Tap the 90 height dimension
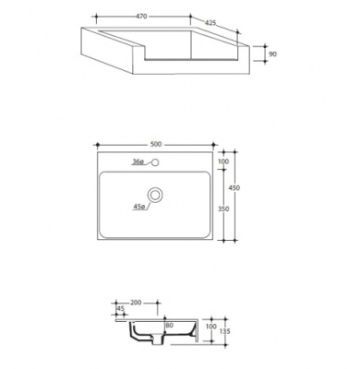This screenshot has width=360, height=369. pos(272,55)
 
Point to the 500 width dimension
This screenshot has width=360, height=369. pos(155,143)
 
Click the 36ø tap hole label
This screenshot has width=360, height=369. pos(138,161)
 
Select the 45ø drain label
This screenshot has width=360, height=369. pos(139,207)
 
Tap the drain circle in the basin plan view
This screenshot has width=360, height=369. pos(159,195)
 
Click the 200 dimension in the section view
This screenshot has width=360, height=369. pos(137,303)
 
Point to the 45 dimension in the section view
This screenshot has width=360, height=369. pos(121,309)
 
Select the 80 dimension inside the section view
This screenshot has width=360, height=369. pos(169,325)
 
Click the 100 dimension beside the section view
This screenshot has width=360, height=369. pos(211,326)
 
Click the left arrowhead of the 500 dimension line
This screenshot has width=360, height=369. pos(97,147)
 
